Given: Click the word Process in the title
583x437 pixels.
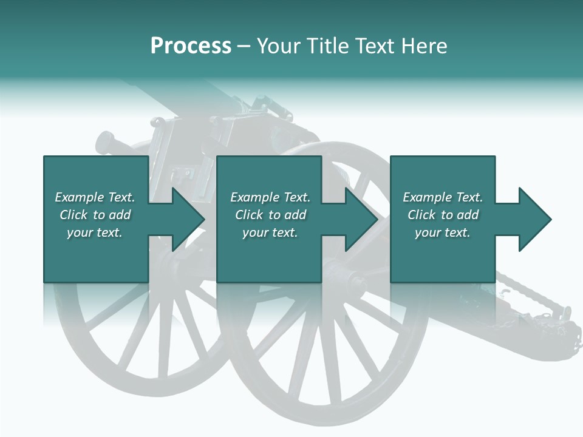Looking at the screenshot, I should [191, 46].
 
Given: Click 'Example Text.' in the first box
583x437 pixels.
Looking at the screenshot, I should [95, 197].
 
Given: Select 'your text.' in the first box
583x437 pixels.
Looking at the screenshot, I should [95, 232].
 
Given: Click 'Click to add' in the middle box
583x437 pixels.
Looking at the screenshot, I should [270, 215].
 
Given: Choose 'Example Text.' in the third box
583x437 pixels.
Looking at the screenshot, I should [443, 197].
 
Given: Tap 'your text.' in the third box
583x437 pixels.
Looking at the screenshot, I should [443, 232].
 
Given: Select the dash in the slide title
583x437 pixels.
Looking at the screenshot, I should [244, 46].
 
